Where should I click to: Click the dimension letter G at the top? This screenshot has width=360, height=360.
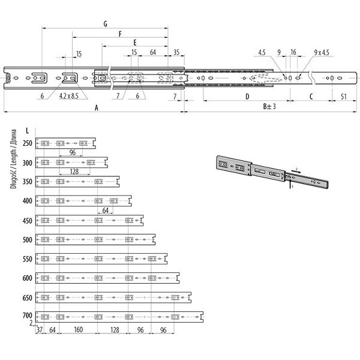(x=106, y=24)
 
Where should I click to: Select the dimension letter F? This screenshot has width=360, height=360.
(x=120, y=34)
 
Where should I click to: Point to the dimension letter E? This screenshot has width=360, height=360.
(x=135, y=43)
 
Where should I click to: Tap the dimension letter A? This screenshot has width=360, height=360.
(x=97, y=107)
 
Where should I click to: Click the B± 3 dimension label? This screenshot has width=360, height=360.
(x=269, y=107)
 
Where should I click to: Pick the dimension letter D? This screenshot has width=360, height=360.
(x=247, y=97)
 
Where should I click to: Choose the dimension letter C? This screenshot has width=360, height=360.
(x=311, y=97)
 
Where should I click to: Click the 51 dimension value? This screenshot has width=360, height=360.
(x=343, y=97)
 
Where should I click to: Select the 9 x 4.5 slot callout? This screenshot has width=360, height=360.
(x=322, y=53)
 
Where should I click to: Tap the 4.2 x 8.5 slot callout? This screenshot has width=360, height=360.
(x=69, y=96)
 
